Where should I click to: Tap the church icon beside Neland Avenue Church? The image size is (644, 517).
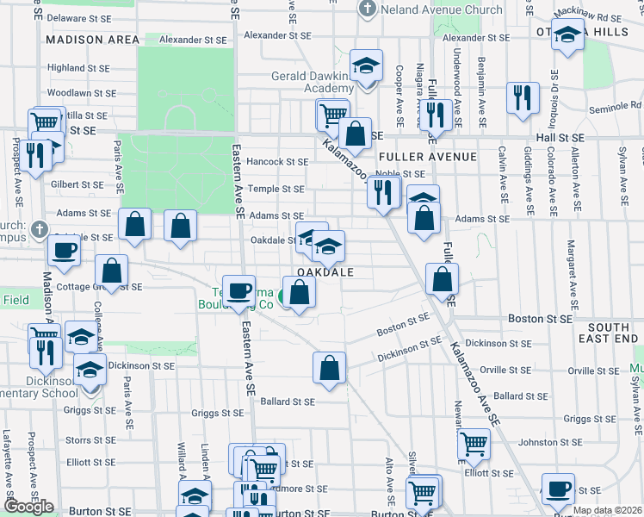click(368, 9)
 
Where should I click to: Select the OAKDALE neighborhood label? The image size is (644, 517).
click(325, 271)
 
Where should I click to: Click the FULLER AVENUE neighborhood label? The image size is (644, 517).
click(427, 157)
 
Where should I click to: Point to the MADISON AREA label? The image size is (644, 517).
click(93, 40)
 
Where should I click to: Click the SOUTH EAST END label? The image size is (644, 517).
click(613, 333)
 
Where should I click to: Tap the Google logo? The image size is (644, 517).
click(28, 507)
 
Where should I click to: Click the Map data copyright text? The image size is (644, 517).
click(606, 510)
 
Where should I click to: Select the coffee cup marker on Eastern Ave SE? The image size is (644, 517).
click(238, 290)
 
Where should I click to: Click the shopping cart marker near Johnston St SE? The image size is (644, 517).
click(474, 445)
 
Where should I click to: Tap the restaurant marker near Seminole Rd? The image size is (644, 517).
click(522, 97)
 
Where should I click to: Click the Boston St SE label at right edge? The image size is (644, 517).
click(540, 318)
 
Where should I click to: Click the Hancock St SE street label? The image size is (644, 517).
click(276, 161)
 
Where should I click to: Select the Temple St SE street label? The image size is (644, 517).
click(276, 189)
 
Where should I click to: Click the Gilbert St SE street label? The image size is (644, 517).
click(77, 184)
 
